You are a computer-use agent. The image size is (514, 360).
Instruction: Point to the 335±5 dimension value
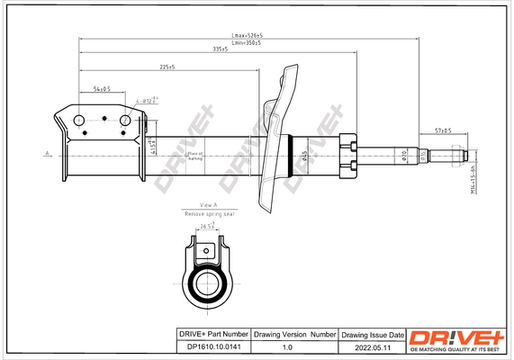coord(220,49)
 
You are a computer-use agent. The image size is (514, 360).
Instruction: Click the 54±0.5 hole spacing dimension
coord(102,89)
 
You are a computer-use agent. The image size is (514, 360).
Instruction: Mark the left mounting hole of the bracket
coord(79,121)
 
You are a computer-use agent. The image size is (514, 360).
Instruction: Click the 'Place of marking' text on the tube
coord(194,156)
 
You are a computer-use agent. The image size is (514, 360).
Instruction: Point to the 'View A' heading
coord(209,205)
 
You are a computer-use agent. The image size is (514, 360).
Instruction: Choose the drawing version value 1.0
coord(288,346)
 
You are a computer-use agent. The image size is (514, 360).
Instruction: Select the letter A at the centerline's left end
coord(45,156)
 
